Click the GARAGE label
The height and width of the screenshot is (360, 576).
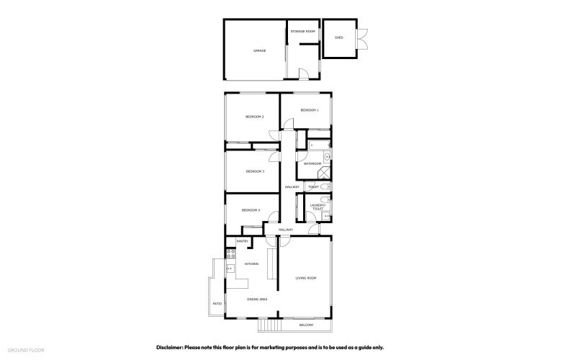click(x=259, y=51)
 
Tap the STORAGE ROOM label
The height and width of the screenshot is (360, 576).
click(x=303, y=32)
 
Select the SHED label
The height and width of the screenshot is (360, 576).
click(x=338, y=37)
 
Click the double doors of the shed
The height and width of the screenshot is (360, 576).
click(x=364, y=38)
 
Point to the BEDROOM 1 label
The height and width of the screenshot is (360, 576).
click(x=310, y=110)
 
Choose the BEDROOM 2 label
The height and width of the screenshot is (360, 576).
click(x=254, y=117)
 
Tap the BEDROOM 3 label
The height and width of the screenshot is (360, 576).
click(x=255, y=171)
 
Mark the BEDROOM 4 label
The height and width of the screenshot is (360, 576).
click(x=251, y=210)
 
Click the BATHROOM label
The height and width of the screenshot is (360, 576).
click(x=312, y=164)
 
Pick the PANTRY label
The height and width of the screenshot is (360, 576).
click(x=242, y=241)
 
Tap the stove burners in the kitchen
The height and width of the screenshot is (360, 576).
click(x=231, y=253)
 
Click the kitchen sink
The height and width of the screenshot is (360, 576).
click(x=231, y=269)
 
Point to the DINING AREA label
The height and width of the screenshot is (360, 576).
click(x=258, y=299)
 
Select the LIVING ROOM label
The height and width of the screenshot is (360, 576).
click(x=306, y=278)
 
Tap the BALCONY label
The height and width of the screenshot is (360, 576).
click(x=307, y=325)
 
